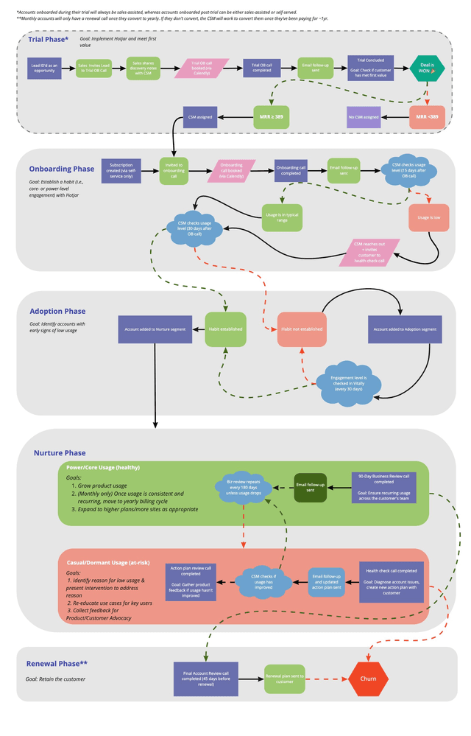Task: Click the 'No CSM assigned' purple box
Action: (364, 117)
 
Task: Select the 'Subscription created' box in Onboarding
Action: (121, 171)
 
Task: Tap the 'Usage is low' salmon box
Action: (428, 218)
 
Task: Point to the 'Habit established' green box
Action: (234, 329)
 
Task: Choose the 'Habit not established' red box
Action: (301, 329)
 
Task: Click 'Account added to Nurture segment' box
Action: (155, 329)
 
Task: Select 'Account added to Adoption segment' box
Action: (405, 329)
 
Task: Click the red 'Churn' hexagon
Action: (368, 679)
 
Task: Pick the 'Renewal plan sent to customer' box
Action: (283, 679)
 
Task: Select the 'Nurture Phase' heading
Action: (60, 453)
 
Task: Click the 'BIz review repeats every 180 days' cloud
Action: (243, 488)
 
